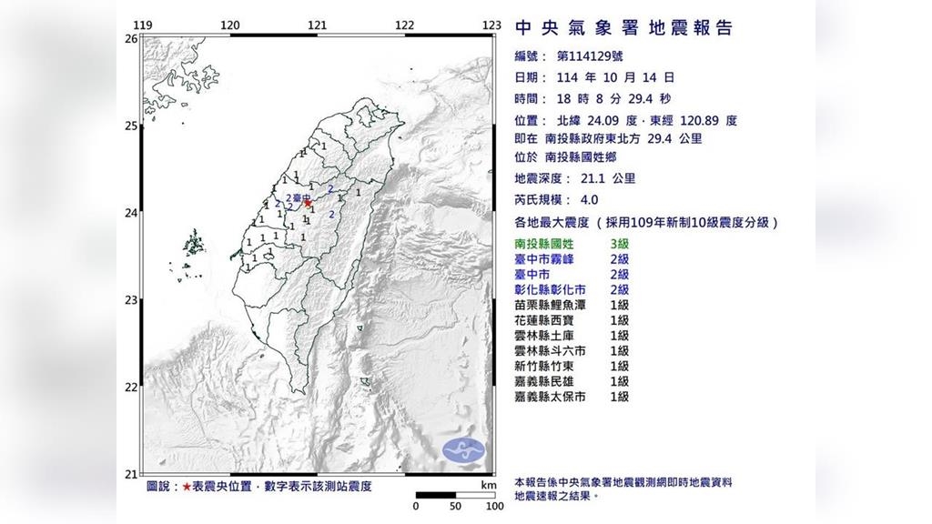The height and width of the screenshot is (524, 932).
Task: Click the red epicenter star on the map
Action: (308, 204)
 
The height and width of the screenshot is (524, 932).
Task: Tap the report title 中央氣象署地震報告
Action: (623, 28)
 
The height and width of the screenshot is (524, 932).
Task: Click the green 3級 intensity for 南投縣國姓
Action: (619, 244)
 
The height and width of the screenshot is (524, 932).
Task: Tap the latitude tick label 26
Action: (130, 39)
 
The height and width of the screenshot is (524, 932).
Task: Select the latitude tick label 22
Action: (130, 388)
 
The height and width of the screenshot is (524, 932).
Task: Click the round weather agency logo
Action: (464, 449)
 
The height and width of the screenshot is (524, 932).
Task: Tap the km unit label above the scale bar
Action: (490, 486)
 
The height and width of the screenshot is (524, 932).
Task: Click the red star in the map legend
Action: (186, 487)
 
